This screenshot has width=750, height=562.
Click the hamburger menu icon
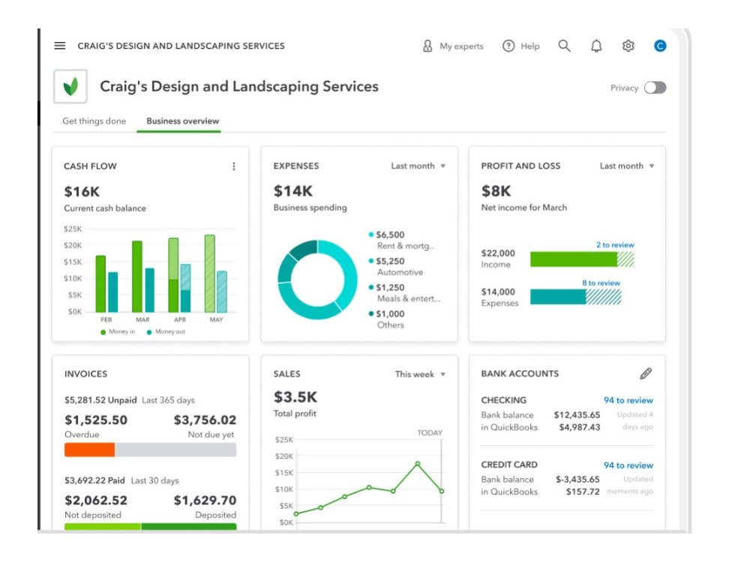60,46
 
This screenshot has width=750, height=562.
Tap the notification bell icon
596,46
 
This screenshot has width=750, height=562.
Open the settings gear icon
628,46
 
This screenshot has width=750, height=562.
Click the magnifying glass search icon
565,46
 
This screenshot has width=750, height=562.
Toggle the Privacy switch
655,88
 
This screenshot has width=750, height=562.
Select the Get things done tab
94,121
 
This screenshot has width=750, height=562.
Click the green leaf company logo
70,86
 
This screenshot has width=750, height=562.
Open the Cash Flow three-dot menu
234,166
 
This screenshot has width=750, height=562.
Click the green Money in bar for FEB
100,284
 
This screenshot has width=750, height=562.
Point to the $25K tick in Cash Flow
73,229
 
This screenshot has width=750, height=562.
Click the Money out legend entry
166,332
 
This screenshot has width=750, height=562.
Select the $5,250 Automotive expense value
390,262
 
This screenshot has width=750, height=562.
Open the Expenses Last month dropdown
418,166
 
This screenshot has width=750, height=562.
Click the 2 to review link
615,245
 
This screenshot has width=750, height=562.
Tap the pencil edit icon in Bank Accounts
646,374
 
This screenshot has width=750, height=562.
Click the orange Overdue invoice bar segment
90,450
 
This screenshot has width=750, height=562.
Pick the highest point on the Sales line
418,464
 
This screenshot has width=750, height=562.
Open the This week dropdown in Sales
421,374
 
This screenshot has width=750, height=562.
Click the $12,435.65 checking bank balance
577,415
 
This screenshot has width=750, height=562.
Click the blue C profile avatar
660,46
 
